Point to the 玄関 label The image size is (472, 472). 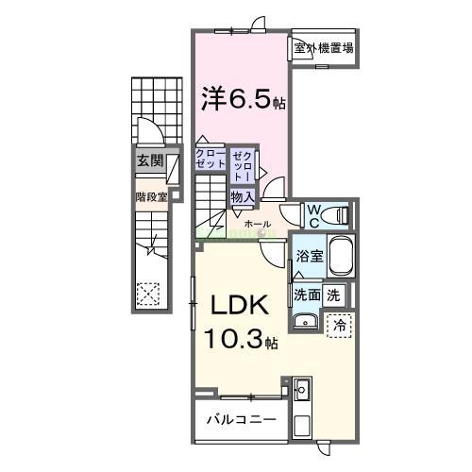(x=149, y=160)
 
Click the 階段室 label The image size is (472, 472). (x=151, y=197)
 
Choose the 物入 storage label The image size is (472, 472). (x=242, y=196)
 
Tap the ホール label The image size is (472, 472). (x=256, y=224)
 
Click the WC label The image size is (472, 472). (x=313, y=214)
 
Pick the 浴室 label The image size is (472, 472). (x=309, y=255)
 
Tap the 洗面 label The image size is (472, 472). (x=306, y=295)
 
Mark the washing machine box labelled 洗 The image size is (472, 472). (x=333, y=295)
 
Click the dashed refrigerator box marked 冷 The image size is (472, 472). (x=339, y=324)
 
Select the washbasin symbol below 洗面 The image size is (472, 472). (x=304, y=324)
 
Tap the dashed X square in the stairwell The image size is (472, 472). (x=148, y=294)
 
